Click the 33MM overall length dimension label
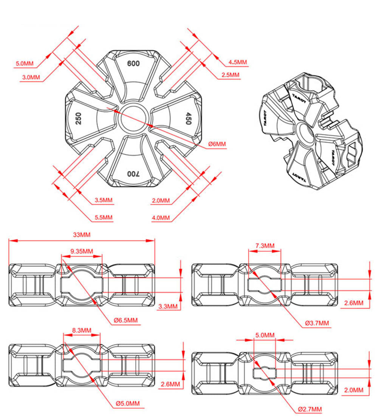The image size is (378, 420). tap(82, 235)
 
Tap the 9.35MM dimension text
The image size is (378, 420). tap(82, 251)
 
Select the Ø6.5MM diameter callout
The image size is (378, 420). tap(125, 320)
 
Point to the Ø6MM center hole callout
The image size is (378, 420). tap(217, 144)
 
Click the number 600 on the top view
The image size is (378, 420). tap(133, 64)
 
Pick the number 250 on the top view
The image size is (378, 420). tap(78, 118)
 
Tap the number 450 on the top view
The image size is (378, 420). tap(188, 118)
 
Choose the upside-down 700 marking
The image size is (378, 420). tap(133, 174)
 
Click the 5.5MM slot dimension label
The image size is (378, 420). tap(104, 217)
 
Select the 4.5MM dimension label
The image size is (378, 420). tap(238, 62)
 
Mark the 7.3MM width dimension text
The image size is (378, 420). tap(265, 246)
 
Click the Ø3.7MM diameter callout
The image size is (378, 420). tap(317, 323)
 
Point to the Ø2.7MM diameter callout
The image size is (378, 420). tap(310, 409)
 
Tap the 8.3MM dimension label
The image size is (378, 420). tap(82, 330)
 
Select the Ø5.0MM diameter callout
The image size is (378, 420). tap(128, 403)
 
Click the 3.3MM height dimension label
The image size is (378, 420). tap(168, 307)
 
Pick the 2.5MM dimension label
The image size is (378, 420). tap(230, 75)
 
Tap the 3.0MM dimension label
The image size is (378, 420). tap(31, 77)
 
